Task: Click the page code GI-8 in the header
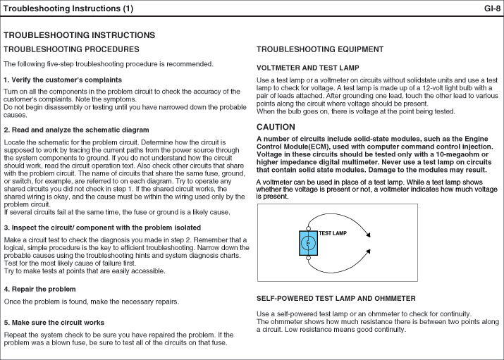coord(492,9)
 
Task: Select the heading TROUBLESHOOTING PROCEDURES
coord(71,49)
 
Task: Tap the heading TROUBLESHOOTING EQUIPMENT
coord(320,49)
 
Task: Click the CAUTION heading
coord(276,127)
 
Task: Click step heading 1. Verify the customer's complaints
coord(63,80)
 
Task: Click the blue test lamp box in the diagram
coord(308,242)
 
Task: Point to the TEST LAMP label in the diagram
coord(333,232)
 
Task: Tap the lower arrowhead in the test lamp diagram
coord(369,249)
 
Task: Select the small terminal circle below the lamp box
coord(308,259)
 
